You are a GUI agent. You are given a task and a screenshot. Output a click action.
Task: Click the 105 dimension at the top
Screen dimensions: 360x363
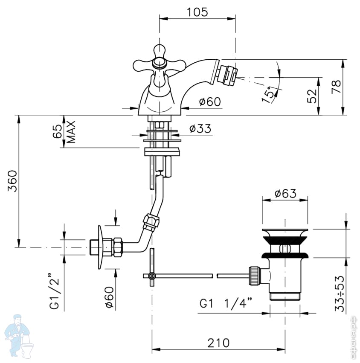197,12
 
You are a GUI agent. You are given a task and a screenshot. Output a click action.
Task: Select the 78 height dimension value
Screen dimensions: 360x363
337,86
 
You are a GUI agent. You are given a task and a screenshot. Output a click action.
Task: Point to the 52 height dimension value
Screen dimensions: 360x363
312,96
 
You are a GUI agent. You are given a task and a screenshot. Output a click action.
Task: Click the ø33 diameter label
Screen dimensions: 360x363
200,128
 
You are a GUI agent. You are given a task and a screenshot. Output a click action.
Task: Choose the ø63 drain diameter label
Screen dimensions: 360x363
285,193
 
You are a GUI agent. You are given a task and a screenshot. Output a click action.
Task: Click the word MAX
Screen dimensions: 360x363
71,132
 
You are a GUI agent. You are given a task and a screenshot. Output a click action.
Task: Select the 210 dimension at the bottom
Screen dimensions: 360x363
218,343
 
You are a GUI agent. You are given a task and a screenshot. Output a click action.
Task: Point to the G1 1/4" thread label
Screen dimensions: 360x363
226,303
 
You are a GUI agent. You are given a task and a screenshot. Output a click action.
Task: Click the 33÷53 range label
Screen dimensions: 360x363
340,293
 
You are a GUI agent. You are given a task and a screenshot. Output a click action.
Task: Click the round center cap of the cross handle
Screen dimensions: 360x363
159,63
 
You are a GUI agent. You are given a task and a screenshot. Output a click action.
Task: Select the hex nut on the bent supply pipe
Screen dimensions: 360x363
151,222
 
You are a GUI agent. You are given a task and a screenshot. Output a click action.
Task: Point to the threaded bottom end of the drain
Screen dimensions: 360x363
285,296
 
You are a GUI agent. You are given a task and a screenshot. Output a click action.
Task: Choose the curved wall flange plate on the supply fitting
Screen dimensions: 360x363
100,247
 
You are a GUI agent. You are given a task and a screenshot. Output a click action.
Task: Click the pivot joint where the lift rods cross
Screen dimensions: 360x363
152,276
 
